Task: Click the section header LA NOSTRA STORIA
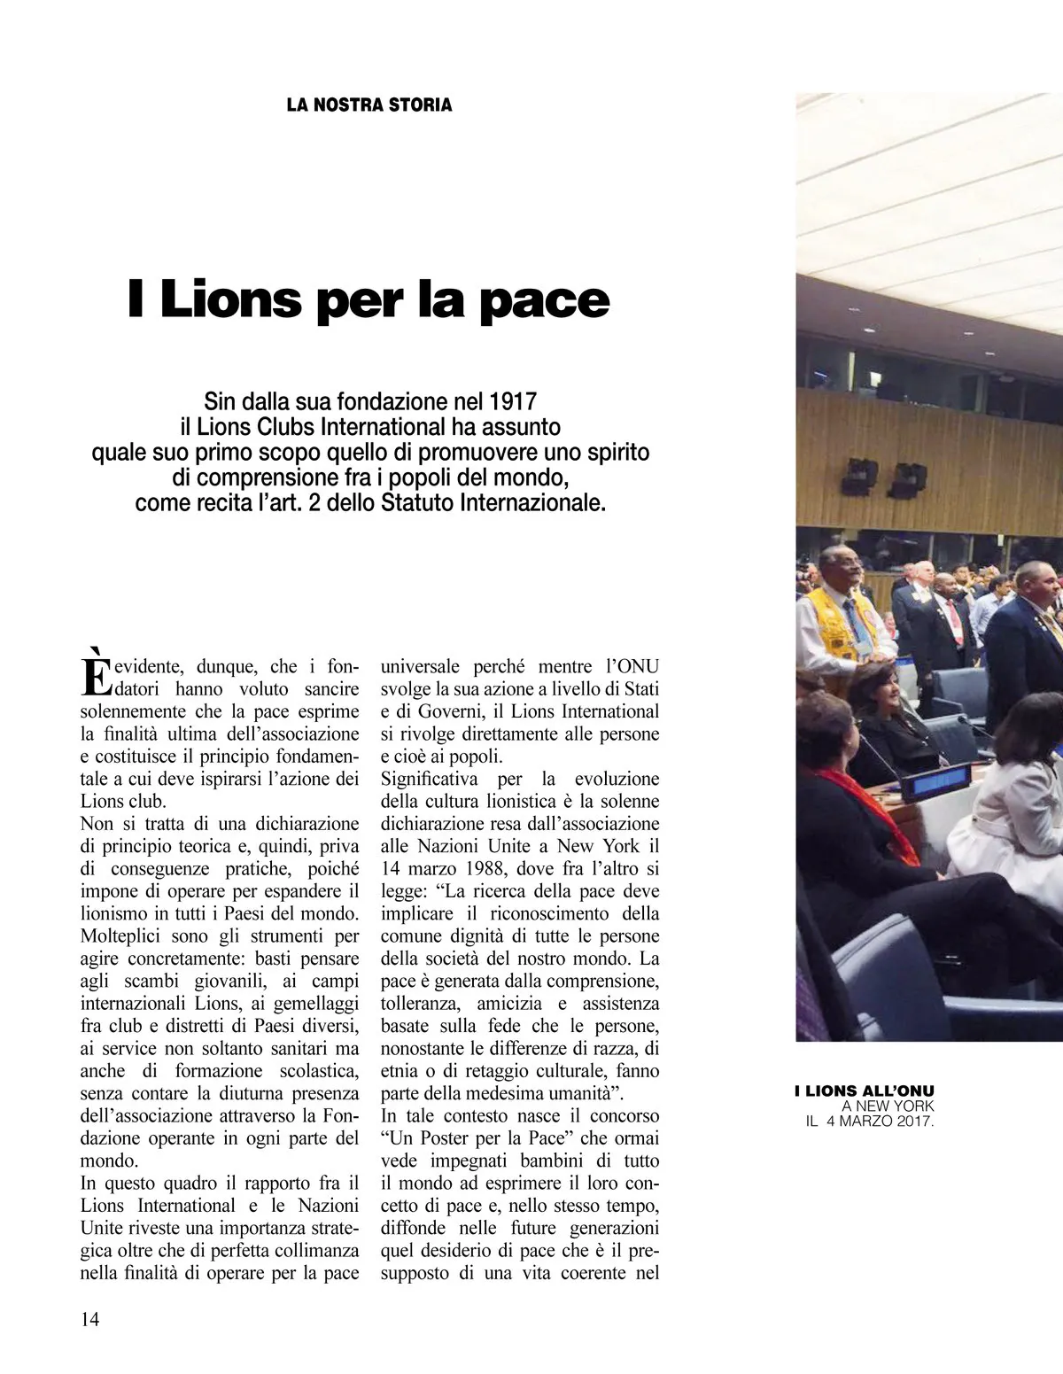tap(369, 105)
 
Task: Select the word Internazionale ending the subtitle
tap(539, 504)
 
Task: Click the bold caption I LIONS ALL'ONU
tap(864, 1091)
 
